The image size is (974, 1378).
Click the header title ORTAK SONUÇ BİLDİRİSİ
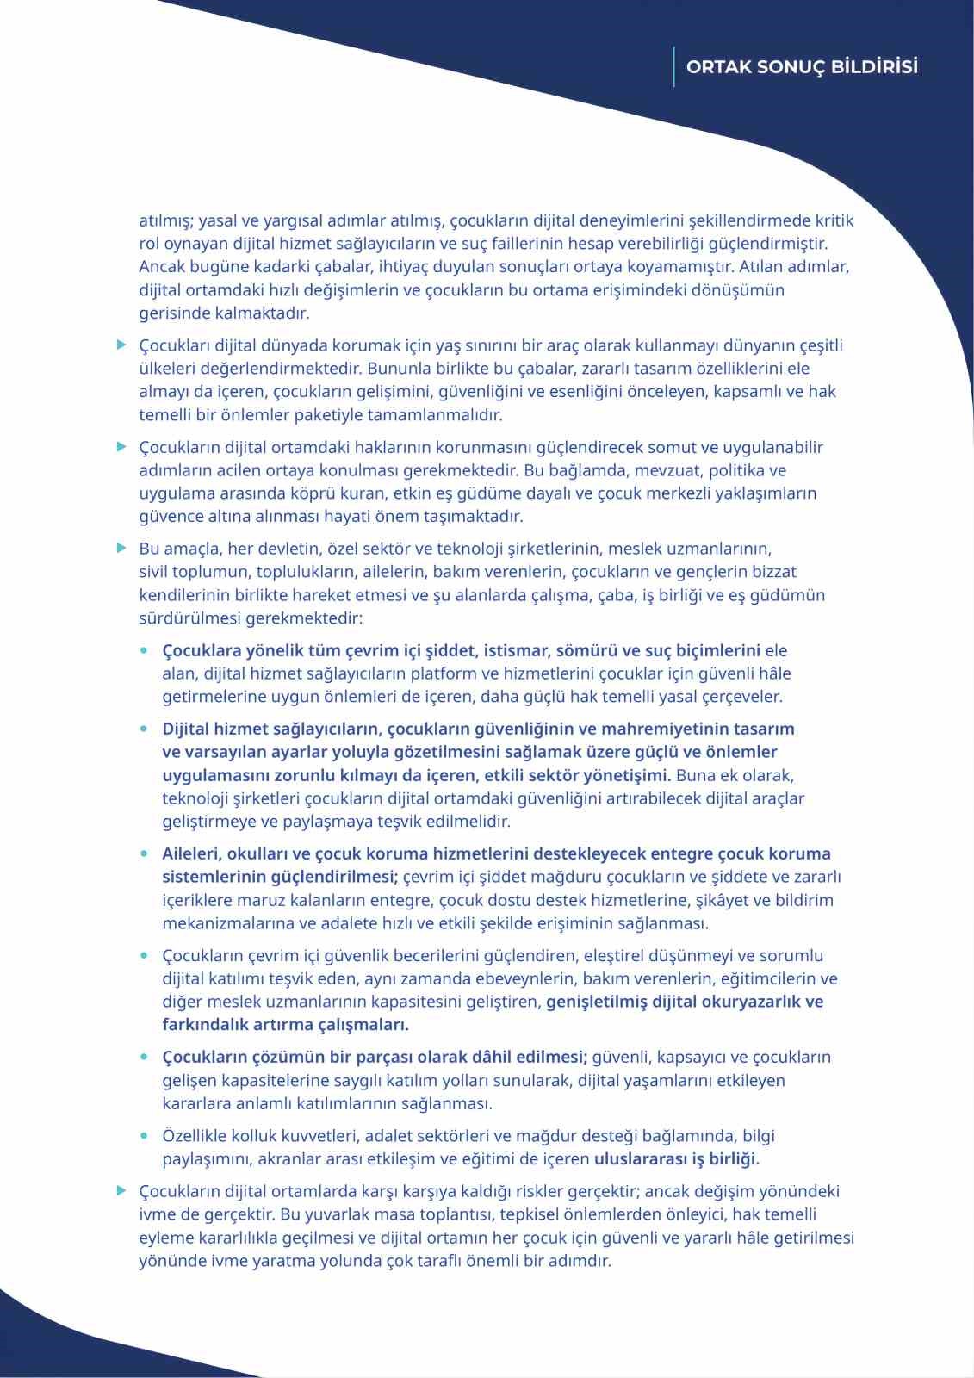pos(802,67)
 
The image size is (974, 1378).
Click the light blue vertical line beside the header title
pos(674,66)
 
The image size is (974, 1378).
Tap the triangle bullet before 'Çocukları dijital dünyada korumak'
pos(122,345)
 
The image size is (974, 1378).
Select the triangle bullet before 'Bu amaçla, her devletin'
pos(122,549)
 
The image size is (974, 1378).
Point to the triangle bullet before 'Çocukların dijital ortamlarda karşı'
pos(122,1191)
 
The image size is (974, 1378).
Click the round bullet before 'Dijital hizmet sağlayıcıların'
pos(145,729)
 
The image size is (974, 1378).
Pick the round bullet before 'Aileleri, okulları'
pos(145,853)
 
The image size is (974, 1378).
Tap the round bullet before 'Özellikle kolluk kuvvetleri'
pos(145,1136)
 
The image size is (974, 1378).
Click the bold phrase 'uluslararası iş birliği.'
pos(677,1159)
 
